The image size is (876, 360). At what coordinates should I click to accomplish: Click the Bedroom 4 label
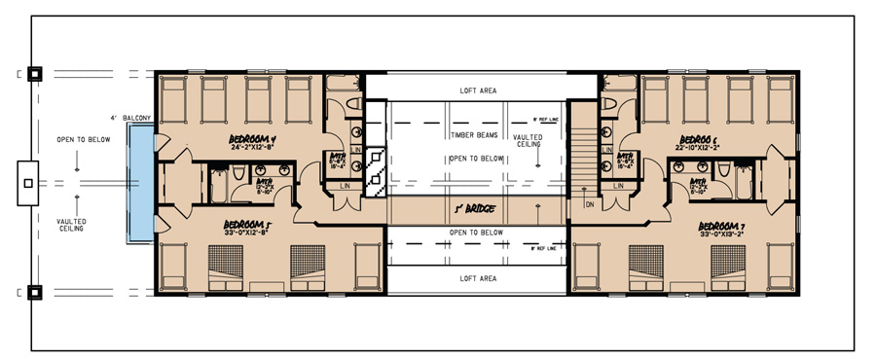click(253, 139)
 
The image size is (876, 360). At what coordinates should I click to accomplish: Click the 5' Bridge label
click(476, 207)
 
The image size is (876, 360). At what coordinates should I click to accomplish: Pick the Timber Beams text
click(476, 135)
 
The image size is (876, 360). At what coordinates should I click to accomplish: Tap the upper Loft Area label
click(478, 90)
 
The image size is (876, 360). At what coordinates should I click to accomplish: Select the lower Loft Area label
click(478, 277)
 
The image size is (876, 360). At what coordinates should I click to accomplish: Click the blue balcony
click(142, 184)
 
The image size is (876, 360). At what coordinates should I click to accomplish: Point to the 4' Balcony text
click(130, 119)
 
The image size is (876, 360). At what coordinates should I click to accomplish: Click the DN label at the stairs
click(589, 204)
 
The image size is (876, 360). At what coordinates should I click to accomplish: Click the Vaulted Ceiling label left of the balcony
click(71, 225)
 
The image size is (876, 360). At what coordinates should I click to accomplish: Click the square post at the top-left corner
click(33, 72)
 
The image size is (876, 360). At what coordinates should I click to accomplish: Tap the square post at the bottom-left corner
click(33, 290)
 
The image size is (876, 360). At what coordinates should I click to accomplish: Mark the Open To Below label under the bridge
click(476, 233)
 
